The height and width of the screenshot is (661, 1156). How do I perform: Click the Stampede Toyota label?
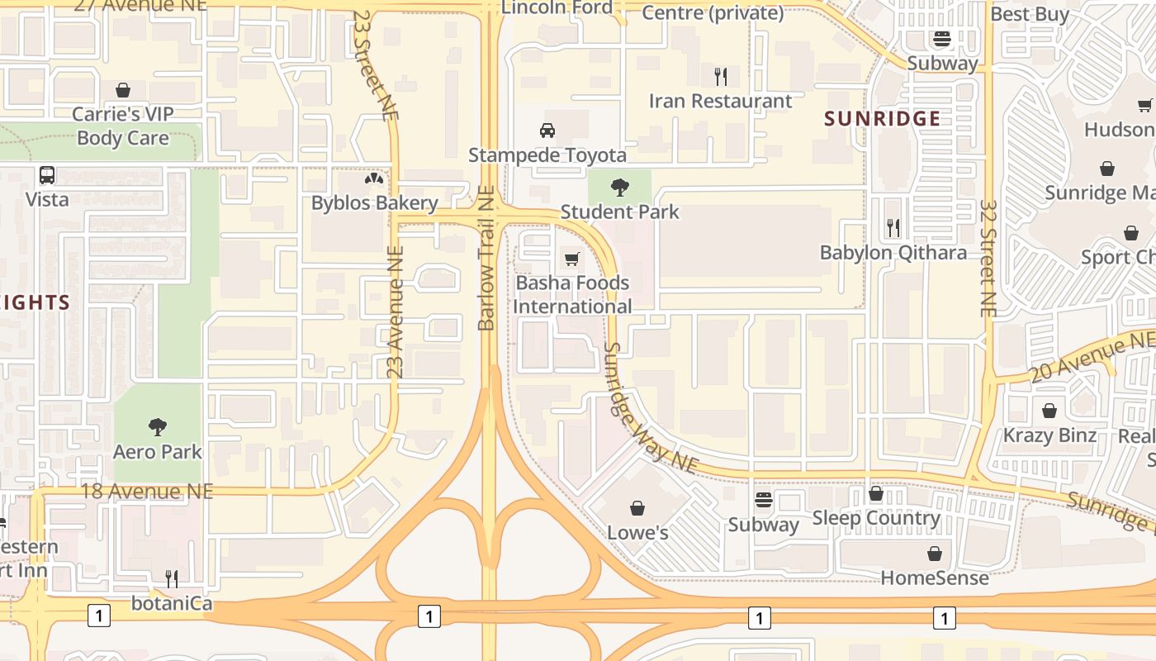point(547,155)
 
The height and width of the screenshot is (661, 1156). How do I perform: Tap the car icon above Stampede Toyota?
point(547,131)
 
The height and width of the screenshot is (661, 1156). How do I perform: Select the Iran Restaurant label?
point(720,101)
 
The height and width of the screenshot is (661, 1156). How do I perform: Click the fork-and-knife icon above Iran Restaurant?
point(721,77)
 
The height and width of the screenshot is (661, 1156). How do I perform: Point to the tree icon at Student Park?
point(619,188)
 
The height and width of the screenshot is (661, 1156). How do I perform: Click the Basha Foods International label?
point(572,295)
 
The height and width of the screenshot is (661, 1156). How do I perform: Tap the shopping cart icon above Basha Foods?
point(571,259)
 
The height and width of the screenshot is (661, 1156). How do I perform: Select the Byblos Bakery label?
point(374,203)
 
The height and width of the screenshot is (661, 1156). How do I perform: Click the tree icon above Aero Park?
point(158,427)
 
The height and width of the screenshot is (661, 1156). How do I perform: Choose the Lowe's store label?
point(637,533)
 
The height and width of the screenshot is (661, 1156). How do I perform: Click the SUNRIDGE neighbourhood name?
point(883,119)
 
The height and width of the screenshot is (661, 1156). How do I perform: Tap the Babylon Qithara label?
point(893,253)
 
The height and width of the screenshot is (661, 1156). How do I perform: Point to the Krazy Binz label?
point(1049,435)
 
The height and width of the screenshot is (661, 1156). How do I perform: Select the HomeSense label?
point(934,578)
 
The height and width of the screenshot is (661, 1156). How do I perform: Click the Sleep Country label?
point(876,518)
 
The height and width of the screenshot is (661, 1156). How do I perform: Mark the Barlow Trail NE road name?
point(486,258)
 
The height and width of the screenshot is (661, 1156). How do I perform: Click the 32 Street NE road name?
point(988,258)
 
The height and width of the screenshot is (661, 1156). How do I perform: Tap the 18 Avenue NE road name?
point(147,492)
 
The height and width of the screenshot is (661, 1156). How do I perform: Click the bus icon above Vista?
point(47,175)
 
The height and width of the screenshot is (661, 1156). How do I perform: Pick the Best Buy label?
point(1029,14)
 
